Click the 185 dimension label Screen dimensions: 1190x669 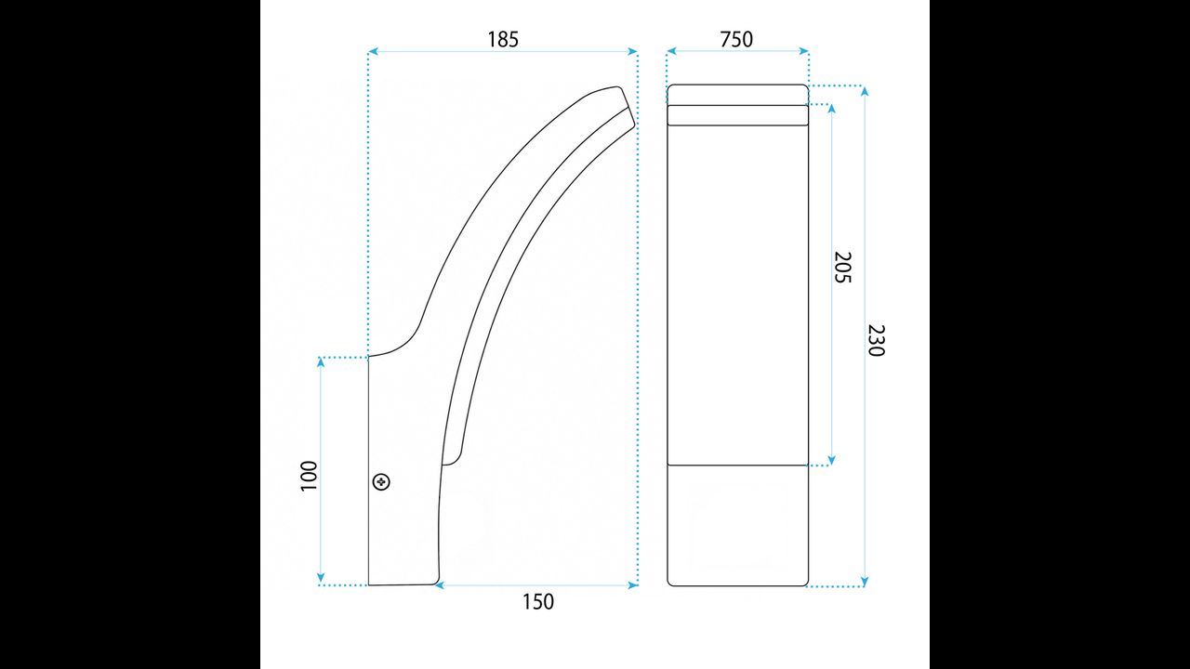(x=503, y=39)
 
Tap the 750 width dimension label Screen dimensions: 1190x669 (x=736, y=39)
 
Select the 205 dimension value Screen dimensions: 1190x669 (x=842, y=267)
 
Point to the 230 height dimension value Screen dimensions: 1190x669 (x=876, y=340)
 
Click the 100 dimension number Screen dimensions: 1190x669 (x=309, y=477)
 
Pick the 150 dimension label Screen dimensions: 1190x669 (x=537, y=601)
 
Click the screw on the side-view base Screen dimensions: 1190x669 (x=381, y=481)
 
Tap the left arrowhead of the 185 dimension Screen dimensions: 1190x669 (x=373, y=51)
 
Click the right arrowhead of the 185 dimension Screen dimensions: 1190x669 (x=632, y=51)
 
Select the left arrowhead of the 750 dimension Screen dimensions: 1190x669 (x=671, y=51)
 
